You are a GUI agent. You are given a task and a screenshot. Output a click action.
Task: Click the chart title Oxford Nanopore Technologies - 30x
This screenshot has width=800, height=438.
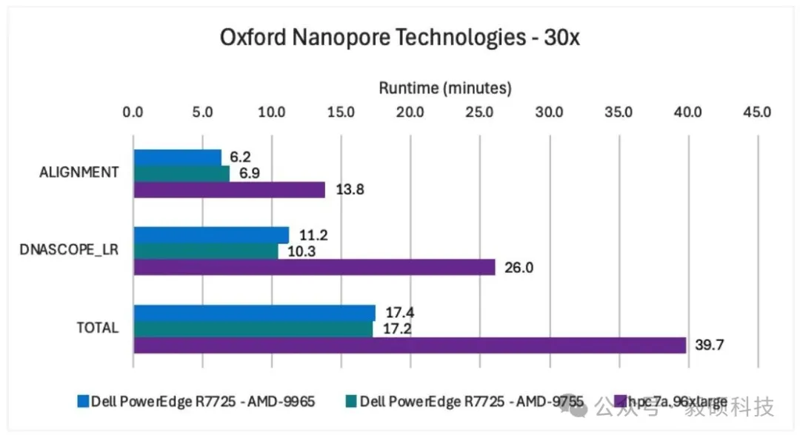click(x=399, y=38)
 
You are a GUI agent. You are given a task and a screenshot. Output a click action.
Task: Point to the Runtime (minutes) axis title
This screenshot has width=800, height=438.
click(x=445, y=88)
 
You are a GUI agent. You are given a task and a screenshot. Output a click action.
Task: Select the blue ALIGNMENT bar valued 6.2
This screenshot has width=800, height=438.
click(x=177, y=157)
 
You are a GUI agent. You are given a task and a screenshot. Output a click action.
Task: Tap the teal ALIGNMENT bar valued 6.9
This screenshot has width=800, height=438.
click(x=181, y=173)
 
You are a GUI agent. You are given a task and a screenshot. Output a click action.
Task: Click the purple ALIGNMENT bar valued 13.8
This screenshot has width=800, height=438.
click(x=229, y=189)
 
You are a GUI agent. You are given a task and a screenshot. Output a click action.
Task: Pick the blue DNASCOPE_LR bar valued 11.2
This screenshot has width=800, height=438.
click(x=211, y=235)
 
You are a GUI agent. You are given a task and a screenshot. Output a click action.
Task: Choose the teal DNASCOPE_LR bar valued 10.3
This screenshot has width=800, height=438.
click(x=205, y=251)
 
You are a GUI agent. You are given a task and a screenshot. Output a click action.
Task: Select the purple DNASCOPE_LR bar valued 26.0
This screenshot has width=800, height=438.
click(x=314, y=267)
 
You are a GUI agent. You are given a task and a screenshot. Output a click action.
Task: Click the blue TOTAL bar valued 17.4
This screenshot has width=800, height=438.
click(x=254, y=312)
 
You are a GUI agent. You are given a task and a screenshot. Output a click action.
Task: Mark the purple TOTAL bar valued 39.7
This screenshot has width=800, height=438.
click(x=410, y=345)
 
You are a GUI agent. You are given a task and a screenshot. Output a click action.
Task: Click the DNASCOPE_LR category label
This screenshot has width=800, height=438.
click(x=69, y=251)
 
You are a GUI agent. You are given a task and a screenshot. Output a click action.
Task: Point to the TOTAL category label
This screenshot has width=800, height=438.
click(x=98, y=328)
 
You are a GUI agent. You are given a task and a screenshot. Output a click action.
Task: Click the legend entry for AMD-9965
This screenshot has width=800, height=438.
click(x=196, y=402)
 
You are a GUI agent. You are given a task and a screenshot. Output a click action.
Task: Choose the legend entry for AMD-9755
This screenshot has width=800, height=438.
click(x=464, y=402)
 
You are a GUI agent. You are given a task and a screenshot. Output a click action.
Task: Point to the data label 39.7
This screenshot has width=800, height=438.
click(x=708, y=345)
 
